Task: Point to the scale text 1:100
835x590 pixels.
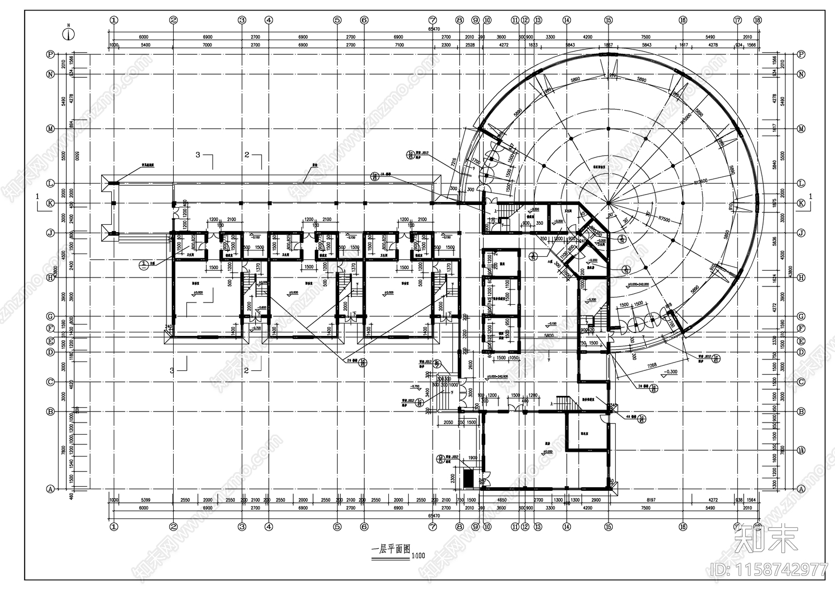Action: point(418,556)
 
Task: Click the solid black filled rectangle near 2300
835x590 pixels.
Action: point(468,478)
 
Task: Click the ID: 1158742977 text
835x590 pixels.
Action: point(769,569)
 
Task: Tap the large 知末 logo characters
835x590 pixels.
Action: point(766,539)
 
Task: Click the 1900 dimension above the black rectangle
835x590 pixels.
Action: point(472,458)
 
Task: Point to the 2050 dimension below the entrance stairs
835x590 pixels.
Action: point(447,422)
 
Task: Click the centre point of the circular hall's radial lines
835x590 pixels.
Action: point(608,203)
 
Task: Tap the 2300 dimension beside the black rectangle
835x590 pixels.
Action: point(453,477)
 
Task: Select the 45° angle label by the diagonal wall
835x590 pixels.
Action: point(580,214)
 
